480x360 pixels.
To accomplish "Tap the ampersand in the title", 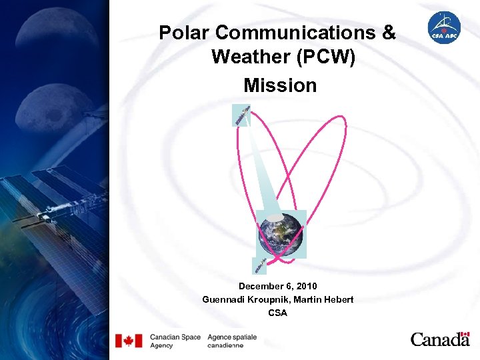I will point(387,32).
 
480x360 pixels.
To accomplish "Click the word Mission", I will point(280,85).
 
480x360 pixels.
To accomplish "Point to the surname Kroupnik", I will point(269,299).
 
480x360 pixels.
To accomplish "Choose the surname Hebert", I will point(338,299).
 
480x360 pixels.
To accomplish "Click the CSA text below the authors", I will point(277,313).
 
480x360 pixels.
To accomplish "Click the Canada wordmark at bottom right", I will point(440,339).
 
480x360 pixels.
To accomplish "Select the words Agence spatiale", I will point(232,337).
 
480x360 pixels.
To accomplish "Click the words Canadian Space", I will point(175,337).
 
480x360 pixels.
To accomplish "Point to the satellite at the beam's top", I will point(241,115).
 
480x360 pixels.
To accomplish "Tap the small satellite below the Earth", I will point(260,265).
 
